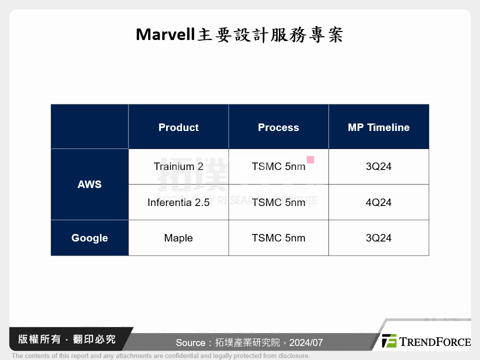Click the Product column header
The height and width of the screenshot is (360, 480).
pos(178,127)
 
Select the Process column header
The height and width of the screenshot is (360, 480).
pos(278,127)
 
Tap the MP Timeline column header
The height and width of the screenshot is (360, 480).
pos(378,127)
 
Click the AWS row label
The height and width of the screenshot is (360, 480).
pos(89,184)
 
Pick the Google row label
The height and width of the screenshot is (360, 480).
pos(89,238)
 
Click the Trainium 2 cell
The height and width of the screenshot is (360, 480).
pos(178,166)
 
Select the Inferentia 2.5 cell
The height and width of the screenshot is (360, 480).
pos(178,202)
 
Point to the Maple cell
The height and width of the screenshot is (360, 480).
pos(178,238)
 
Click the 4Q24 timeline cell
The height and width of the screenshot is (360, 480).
pos(378,202)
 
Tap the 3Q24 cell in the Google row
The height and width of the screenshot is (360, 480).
pos(378,238)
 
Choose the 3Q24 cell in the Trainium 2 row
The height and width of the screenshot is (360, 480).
pos(378,166)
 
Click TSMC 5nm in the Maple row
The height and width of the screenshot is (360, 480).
pos(278,238)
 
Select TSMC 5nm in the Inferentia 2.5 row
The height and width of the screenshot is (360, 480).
pos(278,202)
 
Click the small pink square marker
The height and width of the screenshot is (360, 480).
pos(310,159)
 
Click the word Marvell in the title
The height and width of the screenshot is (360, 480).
pos(164,35)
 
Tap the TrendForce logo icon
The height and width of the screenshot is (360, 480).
pos(389,341)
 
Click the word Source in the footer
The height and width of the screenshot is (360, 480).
pos(190,343)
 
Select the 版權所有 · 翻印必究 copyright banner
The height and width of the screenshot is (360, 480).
pos(67,339)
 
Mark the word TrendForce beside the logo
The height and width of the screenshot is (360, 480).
pos(434,341)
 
